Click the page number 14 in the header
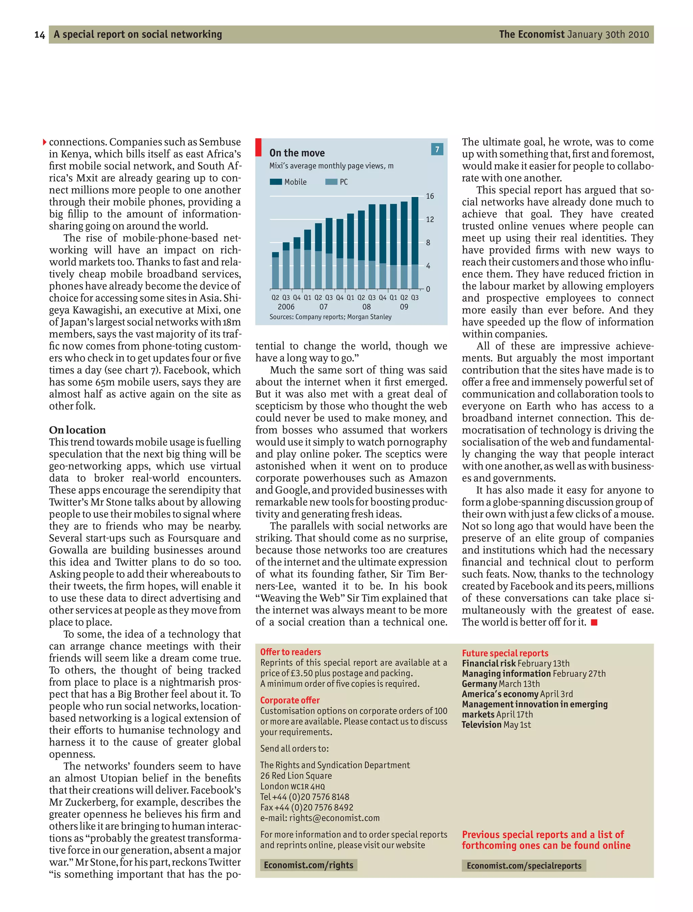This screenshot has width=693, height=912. [x=40, y=35]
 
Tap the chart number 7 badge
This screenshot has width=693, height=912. [x=437, y=149]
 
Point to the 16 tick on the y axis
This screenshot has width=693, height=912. [x=430, y=196]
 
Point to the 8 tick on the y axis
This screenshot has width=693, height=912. [x=428, y=243]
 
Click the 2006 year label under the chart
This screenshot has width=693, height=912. [x=286, y=307]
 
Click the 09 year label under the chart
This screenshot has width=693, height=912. [x=404, y=307]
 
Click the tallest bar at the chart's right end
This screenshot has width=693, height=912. [x=415, y=243]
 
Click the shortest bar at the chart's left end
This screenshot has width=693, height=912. [x=275, y=271]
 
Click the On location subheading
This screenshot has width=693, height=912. [x=77, y=430]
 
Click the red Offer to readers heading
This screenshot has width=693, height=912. [x=290, y=652]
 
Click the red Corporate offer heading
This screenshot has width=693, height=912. [x=290, y=700]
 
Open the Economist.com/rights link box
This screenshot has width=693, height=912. [x=309, y=865]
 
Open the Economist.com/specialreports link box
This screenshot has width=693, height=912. [x=524, y=865]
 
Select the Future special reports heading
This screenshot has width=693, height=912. [x=505, y=653]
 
